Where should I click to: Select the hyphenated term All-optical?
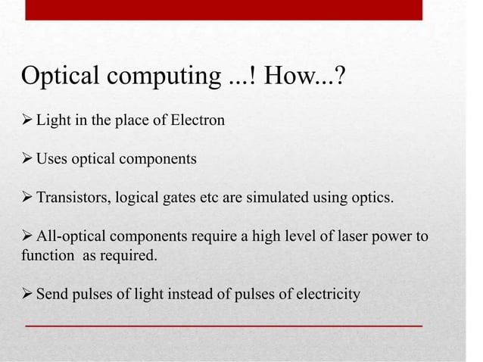pyautogui.click(x=70, y=236)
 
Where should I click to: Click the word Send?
pyautogui.click(x=52, y=294)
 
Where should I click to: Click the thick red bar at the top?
pyautogui.click(x=223, y=10)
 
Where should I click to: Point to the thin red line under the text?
pyautogui.click(x=223, y=325)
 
